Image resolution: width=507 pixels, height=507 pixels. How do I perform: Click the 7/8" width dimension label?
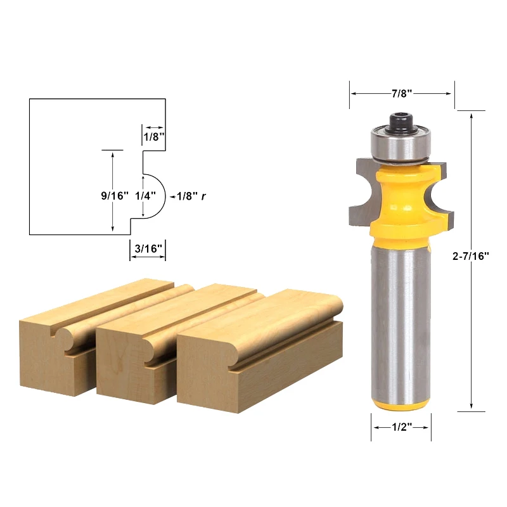[x=401, y=93]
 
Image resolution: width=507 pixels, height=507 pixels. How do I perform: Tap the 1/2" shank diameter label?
[x=401, y=428]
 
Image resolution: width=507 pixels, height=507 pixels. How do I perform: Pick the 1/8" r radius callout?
[x=192, y=196]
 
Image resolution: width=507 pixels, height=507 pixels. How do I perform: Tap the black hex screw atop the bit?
[x=401, y=120]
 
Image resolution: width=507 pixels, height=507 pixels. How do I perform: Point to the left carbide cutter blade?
[x=363, y=190]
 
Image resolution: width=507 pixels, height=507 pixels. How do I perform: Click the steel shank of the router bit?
[x=401, y=317]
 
